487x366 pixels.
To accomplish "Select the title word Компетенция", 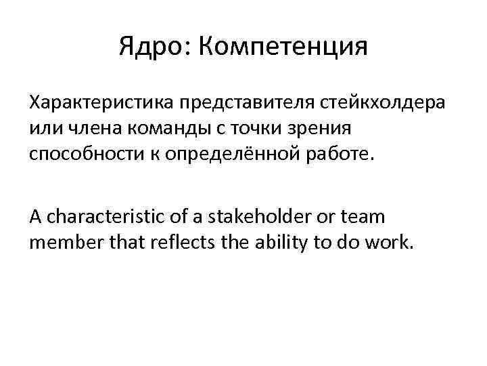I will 284,47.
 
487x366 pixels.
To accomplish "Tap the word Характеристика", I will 102,102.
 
